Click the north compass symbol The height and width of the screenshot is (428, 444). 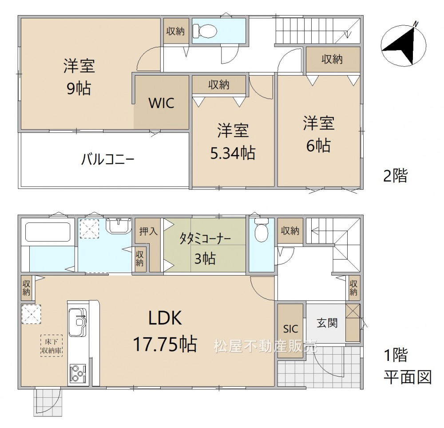point(404,44)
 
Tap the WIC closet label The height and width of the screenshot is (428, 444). point(162,103)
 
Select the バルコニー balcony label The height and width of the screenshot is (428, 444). point(107,159)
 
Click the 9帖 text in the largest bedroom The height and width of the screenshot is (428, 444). point(79,89)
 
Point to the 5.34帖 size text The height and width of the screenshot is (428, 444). point(233,153)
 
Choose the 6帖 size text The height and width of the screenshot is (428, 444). point(318,146)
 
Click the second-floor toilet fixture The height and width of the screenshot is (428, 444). point(204,30)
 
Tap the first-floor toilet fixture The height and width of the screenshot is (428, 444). point(262,230)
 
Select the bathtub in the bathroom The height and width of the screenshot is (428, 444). point(48,232)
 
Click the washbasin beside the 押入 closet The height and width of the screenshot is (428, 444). point(119,226)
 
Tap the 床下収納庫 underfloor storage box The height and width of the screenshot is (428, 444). point(51,345)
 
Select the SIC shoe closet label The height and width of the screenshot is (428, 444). point(291,329)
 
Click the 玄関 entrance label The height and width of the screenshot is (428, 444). point(327,323)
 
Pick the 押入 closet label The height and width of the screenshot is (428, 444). point(148,231)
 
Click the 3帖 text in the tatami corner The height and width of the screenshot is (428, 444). point(205,259)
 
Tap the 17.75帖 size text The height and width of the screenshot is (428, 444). point(165,344)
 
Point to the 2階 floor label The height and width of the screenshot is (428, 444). point(395,176)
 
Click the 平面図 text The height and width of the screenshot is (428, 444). point(408,377)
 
